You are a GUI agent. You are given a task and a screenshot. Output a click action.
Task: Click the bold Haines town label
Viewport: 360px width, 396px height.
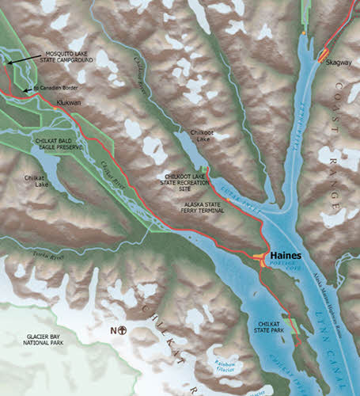tap(285, 257)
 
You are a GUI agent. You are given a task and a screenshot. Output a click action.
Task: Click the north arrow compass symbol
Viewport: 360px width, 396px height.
tap(120, 330)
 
